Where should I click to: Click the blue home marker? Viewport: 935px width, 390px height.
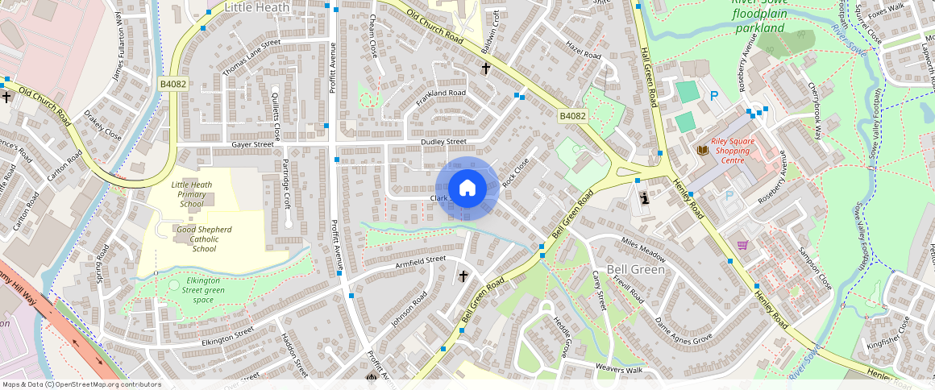click(x=467, y=189)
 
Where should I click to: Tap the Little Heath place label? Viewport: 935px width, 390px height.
click(x=256, y=7)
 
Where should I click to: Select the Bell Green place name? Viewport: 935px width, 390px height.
click(x=635, y=269)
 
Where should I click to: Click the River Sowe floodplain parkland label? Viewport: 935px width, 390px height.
click(x=759, y=15)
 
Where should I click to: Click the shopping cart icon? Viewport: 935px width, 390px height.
click(x=742, y=245)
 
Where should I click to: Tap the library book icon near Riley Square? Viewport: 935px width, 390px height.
click(x=703, y=151)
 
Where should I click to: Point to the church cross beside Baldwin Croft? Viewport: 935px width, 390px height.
click(x=485, y=69)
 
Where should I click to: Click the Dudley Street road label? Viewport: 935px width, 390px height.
click(x=443, y=143)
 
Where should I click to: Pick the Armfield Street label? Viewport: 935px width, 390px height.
click(x=420, y=260)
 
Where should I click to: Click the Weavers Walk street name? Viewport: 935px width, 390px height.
click(x=618, y=369)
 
